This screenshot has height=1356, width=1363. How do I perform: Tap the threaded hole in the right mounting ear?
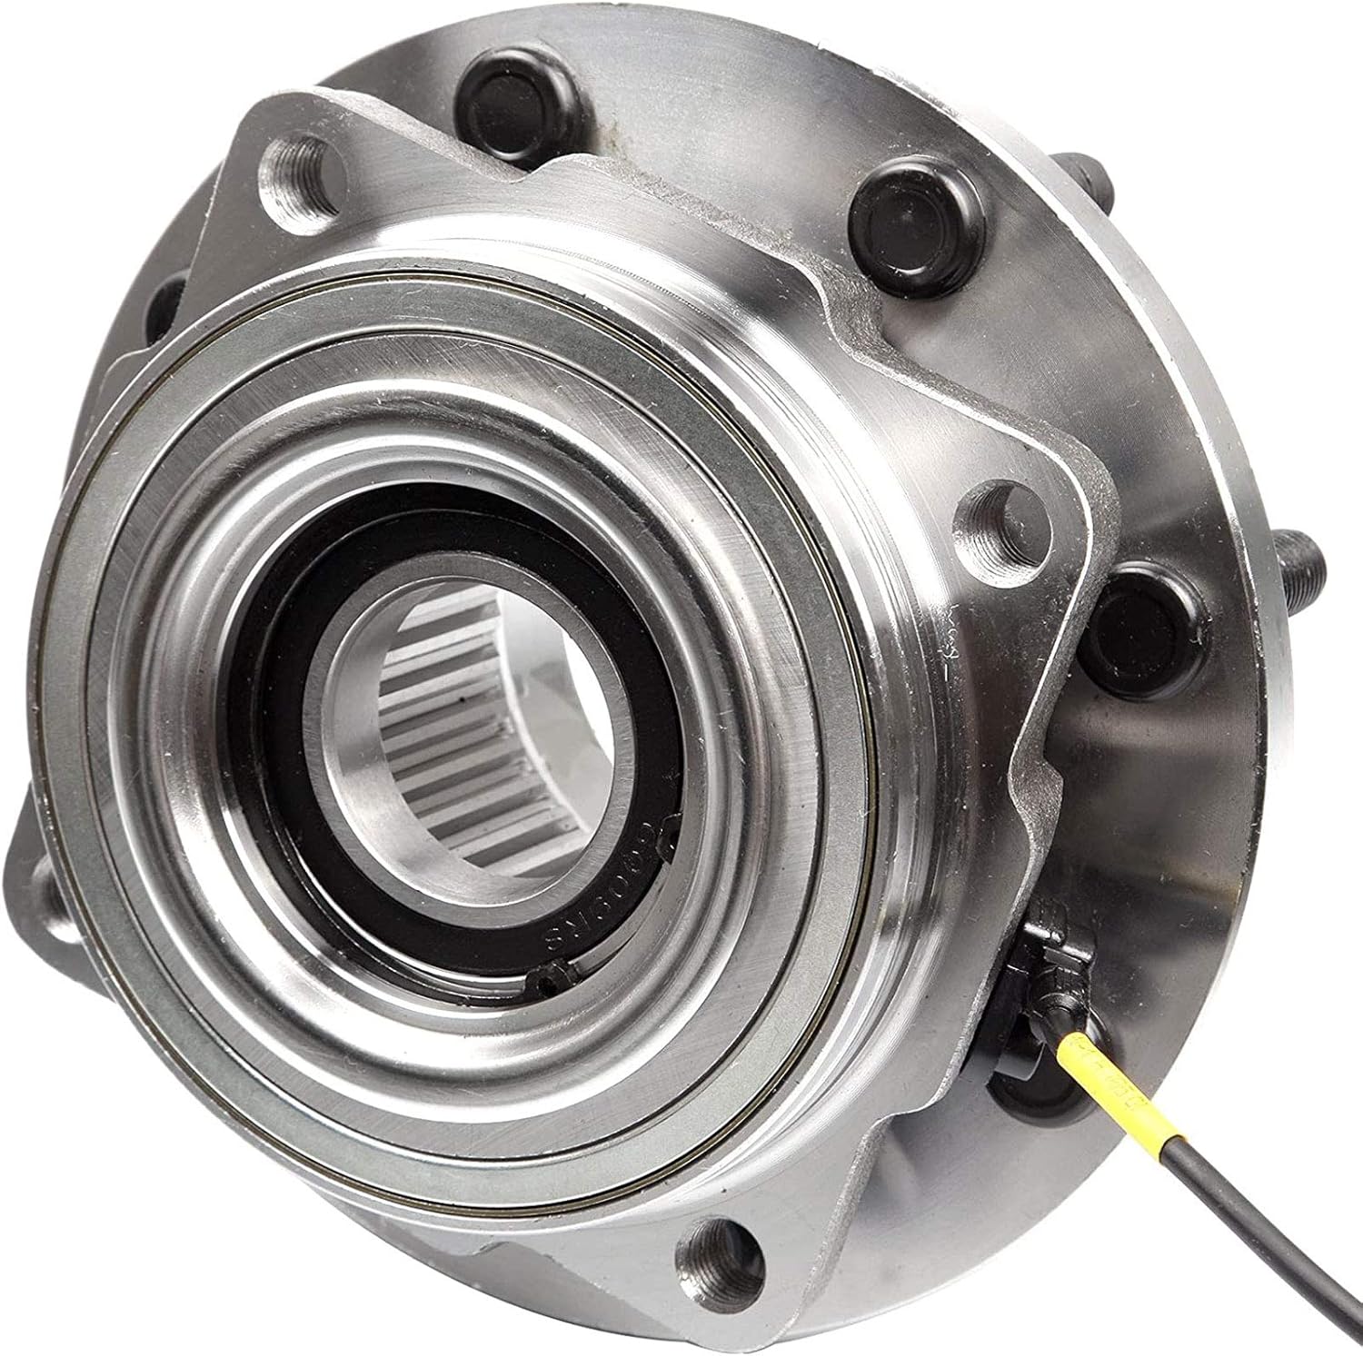pos(990,513)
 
